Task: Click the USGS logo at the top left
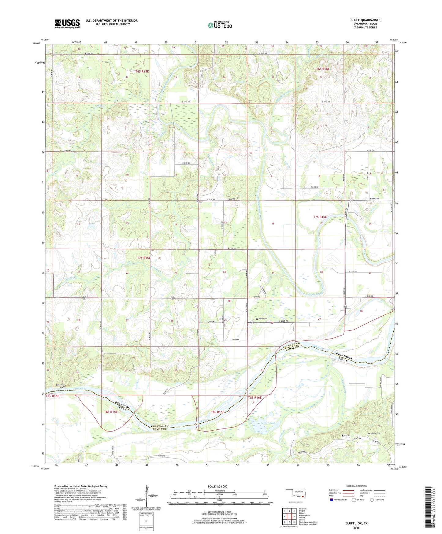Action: click(x=67, y=23)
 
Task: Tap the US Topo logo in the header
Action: click(x=220, y=25)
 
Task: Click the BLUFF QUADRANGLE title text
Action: click(x=365, y=20)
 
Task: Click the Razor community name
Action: click(x=346, y=435)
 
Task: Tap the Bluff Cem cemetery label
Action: click(x=263, y=318)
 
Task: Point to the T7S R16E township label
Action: click(x=320, y=217)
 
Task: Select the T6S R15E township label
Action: click(x=142, y=71)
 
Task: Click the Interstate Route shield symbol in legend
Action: click(x=332, y=500)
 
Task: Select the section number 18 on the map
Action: click(x=273, y=224)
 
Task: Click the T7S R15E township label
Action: click(x=144, y=258)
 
